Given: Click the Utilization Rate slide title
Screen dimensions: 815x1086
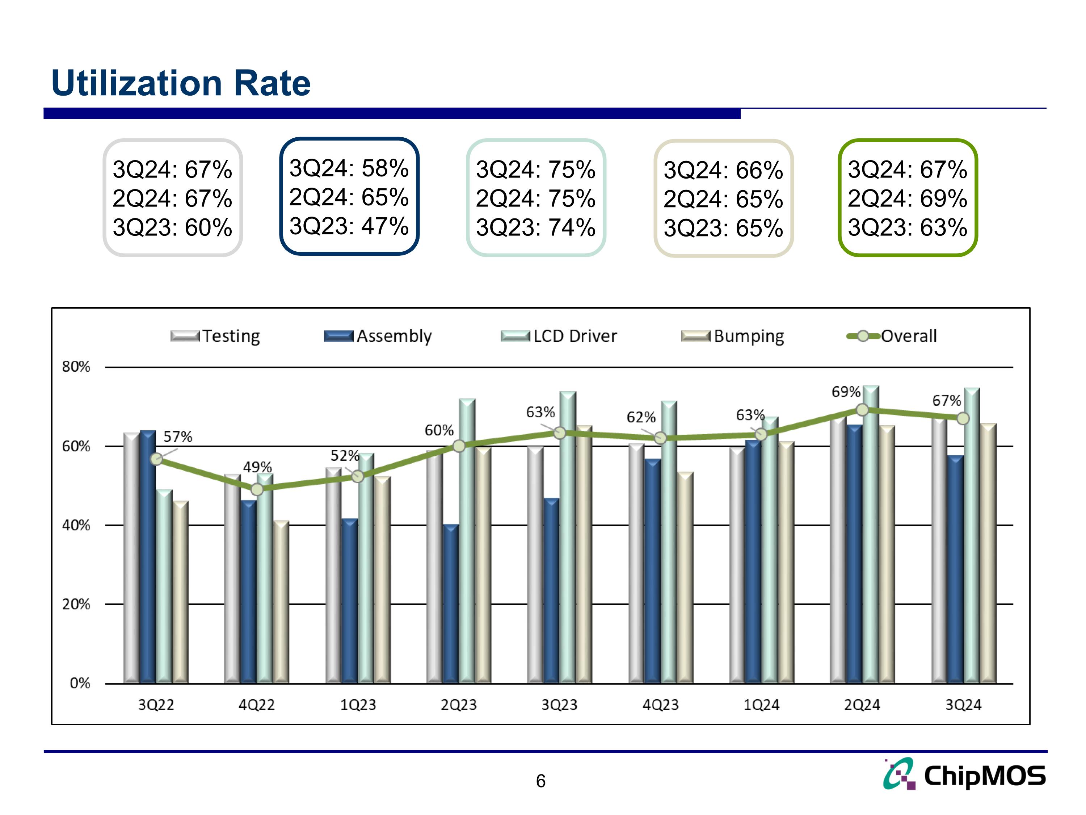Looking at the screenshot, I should (x=181, y=83).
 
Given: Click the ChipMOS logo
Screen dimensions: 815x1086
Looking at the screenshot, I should (x=964, y=775).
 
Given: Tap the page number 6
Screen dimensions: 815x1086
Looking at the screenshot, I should (x=540, y=781).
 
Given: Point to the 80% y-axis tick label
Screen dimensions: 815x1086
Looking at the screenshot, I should (x=76, y=367).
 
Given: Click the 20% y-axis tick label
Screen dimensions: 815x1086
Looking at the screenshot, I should (x=76, y=604).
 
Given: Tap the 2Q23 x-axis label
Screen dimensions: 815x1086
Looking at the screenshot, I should (x=459, y=705).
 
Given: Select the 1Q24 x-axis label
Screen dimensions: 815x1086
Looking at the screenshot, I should (x=761, y=705).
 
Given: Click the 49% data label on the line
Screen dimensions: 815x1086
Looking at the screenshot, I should (x=257, y=467).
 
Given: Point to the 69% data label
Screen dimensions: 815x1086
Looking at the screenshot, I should (x=845, y=392).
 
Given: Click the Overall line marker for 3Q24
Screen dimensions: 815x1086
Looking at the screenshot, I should (x=963, y=419).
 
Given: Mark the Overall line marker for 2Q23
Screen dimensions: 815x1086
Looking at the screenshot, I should (x=459, y=446).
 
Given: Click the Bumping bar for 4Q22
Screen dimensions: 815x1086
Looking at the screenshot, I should (x=281, y=602).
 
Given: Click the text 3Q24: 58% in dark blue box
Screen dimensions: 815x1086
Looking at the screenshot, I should (x=349, y=168).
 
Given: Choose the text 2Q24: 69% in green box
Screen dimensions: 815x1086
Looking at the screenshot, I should (x=907, y=198).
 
